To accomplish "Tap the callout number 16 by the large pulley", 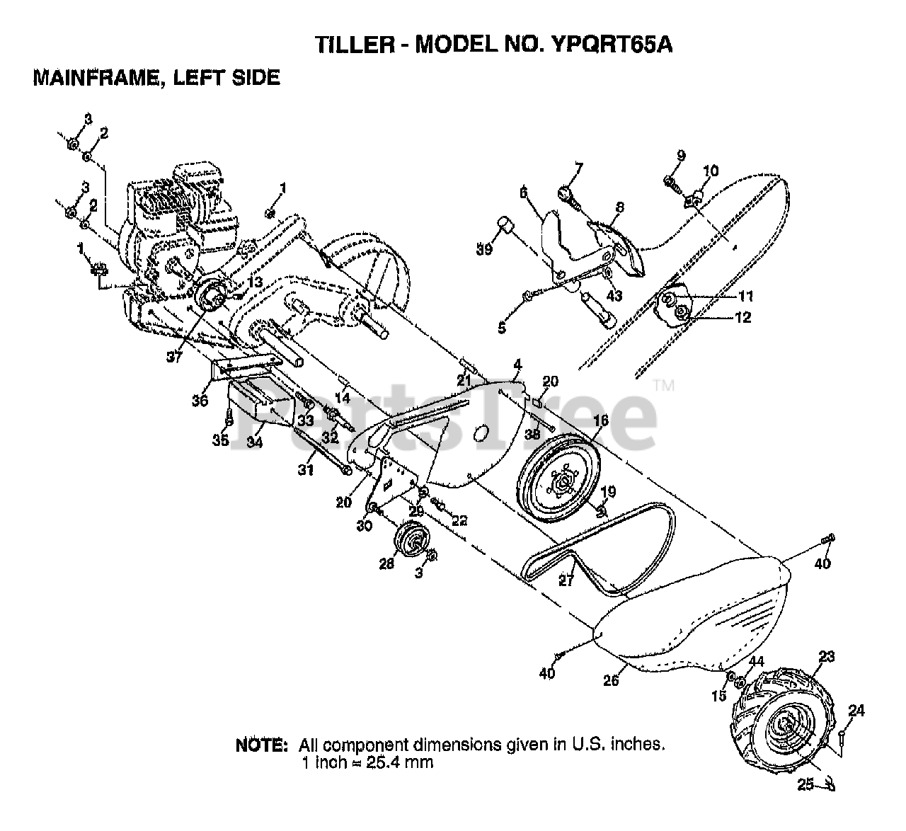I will (x=600, y=420).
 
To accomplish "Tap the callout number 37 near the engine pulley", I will (x=174, y=357).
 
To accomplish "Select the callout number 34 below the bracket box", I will (x=255, y=442).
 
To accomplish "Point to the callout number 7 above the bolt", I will (x=578, y=168).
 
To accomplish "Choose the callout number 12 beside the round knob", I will (x=743, y=317).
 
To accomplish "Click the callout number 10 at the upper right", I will (x=711, y=171).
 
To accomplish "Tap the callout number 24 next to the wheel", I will (x=856, y=710).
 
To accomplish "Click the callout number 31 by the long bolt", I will (x=305, y=469).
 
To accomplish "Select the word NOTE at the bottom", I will (x=261, y=745).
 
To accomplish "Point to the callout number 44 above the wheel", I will (x=757, y=661).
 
